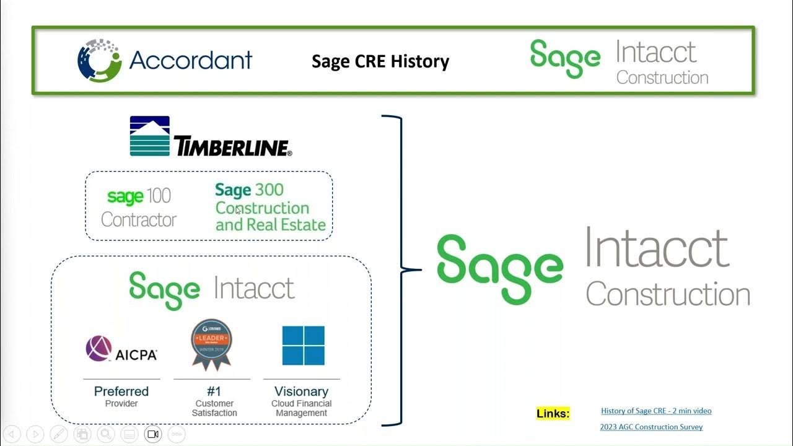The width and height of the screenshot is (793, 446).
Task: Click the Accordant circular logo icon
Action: [x=100, y=60]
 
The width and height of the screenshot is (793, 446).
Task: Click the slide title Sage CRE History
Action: [x=380, y=61]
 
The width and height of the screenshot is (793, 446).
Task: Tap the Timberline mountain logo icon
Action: [x=149, y=136]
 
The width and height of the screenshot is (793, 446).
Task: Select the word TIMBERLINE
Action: [x=232, y=147]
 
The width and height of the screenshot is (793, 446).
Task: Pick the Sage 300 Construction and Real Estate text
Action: [x=270, y=208]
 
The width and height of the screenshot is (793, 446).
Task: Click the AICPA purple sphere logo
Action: [x=99, y=349]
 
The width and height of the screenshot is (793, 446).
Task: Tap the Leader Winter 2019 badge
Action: [x=211, y=344]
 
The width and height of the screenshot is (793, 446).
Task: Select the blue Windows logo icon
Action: [x=303, y=346]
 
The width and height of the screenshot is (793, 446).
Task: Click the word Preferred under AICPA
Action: [x=121, y=391]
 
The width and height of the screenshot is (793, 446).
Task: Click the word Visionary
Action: [x=301, y=391]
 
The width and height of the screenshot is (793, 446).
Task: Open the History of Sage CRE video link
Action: [x=656, y=411]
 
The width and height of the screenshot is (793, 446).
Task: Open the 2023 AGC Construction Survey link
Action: [x=651, y=427]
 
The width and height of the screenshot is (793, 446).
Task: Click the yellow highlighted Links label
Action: [x=553, y=413]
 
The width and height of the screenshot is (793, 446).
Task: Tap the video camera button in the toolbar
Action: [x=152, y=434]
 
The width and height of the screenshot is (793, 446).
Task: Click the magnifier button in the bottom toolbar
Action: [x=105, y=434]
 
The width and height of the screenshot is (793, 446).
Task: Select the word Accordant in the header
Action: [x=191, y=60]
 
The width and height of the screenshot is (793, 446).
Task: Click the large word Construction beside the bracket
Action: [x=668, y=293]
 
